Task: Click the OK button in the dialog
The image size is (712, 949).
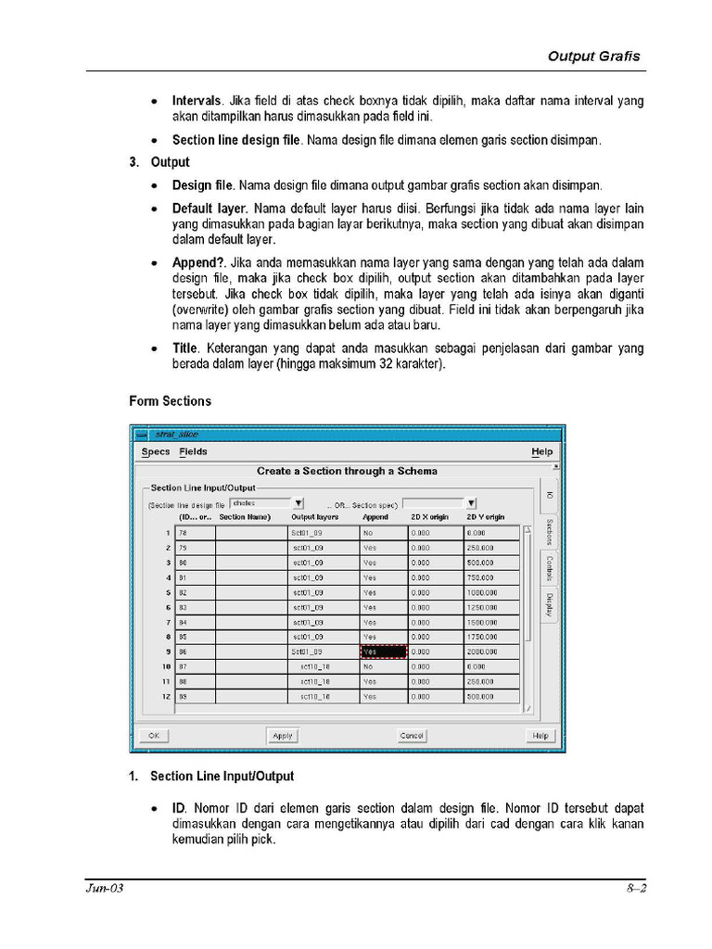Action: (x=154, y=735)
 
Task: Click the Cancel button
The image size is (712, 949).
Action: (x=412, y=735)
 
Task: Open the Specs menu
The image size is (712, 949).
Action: (x=156, y=452)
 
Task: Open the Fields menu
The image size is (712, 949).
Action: (x=194, y=452)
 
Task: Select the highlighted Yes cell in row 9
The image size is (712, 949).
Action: (x=383, y=652)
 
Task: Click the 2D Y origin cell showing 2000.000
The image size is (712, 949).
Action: (x=491, y=652)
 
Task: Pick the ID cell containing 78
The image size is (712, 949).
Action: (x=196, y=533)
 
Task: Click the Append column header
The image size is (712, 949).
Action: (x=375, y=516)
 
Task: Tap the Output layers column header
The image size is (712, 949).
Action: (x=315, y=516)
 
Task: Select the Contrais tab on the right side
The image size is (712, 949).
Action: (x=549, y=567)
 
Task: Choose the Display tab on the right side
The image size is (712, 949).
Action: (x=549, y=605)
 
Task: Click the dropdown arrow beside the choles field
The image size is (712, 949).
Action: (x=299, y=503)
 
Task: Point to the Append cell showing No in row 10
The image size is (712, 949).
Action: (x=383, y=666)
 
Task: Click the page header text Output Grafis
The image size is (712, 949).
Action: (x=593, y=57)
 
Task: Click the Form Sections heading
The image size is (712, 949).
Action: (x=170, y=401)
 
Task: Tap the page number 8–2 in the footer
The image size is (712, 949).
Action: (x=635, y=889)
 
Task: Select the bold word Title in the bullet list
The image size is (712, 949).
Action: (x=184, y=348)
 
